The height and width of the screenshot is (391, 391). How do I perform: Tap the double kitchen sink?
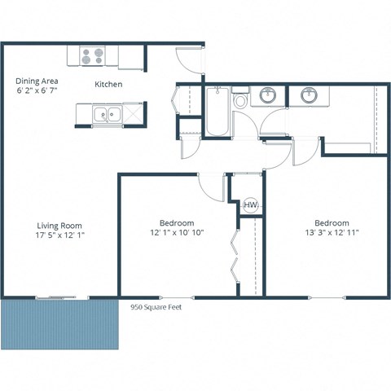click(x=106, y=114)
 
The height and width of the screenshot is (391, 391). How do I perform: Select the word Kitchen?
click(x=108, y=85)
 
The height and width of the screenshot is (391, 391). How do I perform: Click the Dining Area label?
click(x=37, y=81)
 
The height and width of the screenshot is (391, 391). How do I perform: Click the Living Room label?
click(x=59, y=226)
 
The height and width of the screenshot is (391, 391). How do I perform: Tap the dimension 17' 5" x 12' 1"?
click(x=59, y=236)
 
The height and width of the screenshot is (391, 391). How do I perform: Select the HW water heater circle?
click(x=250, y=204)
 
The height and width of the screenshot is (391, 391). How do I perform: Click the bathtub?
click(x=216, y=114)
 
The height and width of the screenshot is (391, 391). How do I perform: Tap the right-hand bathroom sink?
click(x=309, y=96)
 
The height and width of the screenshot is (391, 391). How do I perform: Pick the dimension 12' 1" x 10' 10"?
click(x=176, y=233)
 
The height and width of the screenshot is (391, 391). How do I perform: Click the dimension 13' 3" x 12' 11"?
click(x=332, y=233)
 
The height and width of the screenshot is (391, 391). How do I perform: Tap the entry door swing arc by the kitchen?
click(x=187, y=62)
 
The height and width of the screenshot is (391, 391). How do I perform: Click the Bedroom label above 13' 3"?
click(x=332, y=222)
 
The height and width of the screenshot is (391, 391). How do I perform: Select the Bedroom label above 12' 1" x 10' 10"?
click(x=176, y=222)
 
